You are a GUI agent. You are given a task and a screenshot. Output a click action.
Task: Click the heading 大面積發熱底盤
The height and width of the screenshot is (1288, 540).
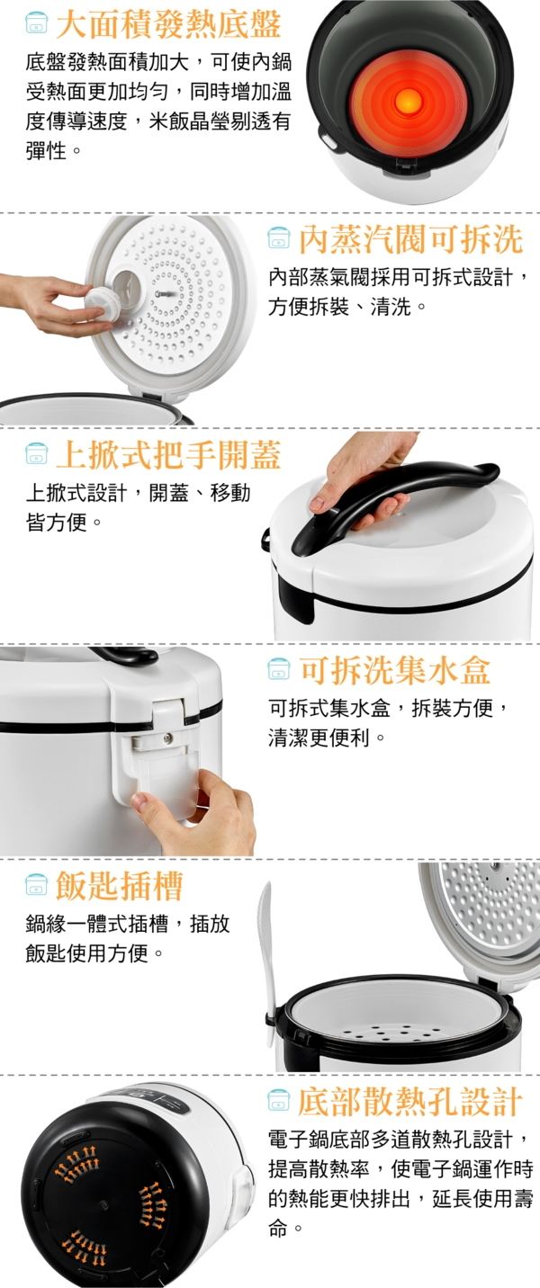click(168, 24)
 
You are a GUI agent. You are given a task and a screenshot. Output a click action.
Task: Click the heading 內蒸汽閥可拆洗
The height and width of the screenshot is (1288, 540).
click(410, 239)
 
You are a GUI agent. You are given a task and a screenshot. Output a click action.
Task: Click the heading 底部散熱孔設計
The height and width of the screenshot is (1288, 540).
click(410, 1101)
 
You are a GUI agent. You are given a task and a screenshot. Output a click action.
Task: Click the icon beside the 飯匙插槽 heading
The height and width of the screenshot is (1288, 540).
click(37, 886)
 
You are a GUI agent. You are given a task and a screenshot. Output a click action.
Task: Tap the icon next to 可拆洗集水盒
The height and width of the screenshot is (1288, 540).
click(279, 670)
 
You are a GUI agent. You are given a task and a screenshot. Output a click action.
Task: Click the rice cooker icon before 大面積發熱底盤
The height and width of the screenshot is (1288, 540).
click(37, 24)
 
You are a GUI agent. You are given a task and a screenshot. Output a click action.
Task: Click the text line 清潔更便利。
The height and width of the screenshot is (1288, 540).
click(327, 738)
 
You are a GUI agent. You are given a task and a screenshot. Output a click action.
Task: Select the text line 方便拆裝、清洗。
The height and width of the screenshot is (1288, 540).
click(347, 307)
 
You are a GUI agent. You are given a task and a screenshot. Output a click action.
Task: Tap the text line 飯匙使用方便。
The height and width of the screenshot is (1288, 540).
click(95, 954)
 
